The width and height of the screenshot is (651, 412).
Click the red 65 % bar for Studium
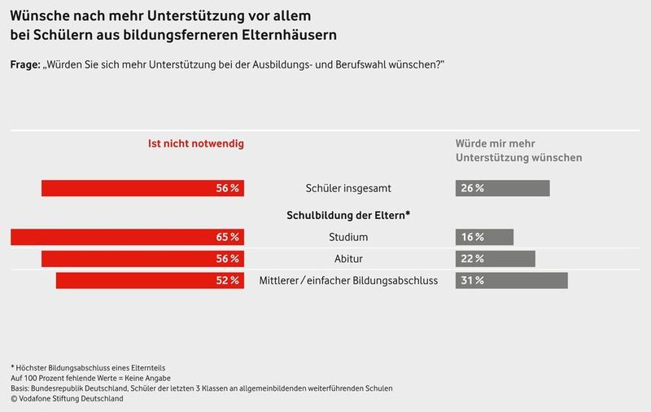pyautogui.click(x=127, y=237)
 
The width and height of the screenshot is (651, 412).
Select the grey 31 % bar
pyautogui.click(x=511, y=280)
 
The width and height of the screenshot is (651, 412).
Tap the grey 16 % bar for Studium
pyautogui.click(x=484, y=237)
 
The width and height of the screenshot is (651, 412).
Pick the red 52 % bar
pyautogui.click(x=150, y=280)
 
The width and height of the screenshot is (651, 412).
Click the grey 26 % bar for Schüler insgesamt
pyautogui.click(x=502, y=188)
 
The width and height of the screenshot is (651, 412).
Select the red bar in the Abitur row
pyautogui.click(x=142, y=259)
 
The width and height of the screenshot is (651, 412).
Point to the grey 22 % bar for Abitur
pyautogui.click(x=495, y=259)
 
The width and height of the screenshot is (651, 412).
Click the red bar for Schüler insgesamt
pyautogui.click(x=142, y=188)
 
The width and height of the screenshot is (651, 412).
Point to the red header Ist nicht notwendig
pyautogui.click(x=195, y=143)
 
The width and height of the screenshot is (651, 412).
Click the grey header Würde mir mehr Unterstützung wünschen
pyautogui.click(x=518, y=150)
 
